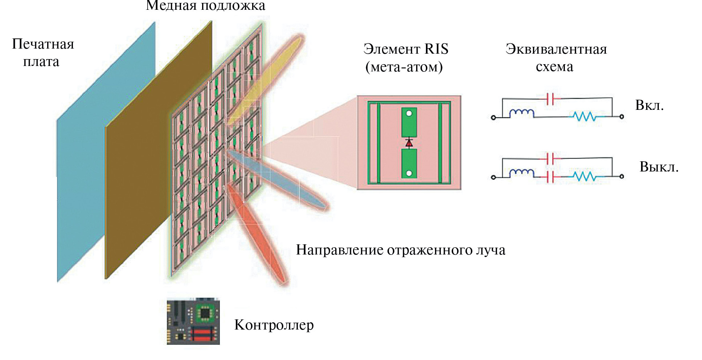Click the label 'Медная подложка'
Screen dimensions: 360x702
205,6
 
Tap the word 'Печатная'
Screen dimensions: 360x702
43,44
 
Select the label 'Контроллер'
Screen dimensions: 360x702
274,325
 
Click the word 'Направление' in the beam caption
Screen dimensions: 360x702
340,250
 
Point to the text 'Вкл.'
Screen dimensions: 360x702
649,105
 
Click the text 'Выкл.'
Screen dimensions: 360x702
658,167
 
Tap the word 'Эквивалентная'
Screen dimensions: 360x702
556,49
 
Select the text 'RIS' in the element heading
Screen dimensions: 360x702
436,49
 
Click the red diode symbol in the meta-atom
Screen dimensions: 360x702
409,143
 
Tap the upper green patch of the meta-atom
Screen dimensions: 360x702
409,123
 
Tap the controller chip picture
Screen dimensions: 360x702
193,321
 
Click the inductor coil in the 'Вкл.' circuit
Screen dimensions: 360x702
521,113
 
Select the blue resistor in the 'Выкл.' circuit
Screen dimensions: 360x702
584,177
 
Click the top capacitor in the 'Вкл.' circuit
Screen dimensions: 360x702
550,98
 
